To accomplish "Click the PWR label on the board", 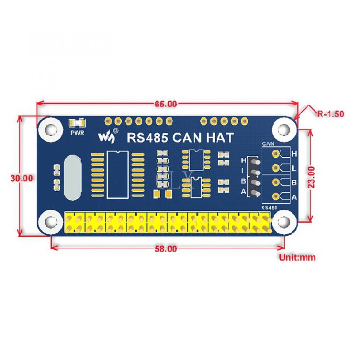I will tap(77, 133).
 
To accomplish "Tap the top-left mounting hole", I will tap(50, 128).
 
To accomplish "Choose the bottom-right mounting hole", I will tap(283, 222).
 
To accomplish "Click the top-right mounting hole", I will tap(284, 128).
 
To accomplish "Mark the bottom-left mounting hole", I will tap(51, 222).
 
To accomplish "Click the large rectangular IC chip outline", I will tap(117, 174).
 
